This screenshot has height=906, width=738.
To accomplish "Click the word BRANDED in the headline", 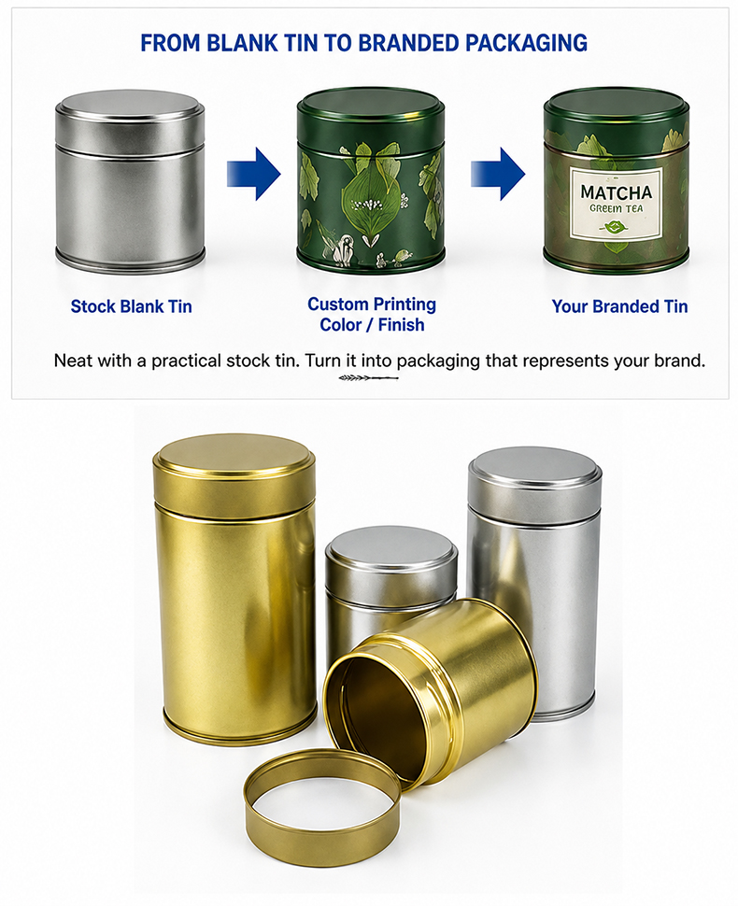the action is [x=408, y=43].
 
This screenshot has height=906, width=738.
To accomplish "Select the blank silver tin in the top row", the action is [x=130, y=181].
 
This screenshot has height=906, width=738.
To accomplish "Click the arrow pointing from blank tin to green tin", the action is [x=254, y=174].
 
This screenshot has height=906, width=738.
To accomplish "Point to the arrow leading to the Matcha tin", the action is [x=498, y=174].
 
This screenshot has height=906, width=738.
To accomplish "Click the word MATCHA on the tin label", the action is [x=616, y=192].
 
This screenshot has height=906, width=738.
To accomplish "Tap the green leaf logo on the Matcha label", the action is [x=614, y=226].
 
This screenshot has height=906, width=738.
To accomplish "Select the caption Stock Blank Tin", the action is [x=131, y=306].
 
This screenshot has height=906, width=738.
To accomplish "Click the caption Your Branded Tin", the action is [x=619, y=306].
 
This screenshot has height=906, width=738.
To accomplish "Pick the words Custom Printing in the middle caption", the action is [x=372, y=304].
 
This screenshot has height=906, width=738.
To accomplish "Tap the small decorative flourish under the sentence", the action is [x=369, y=378].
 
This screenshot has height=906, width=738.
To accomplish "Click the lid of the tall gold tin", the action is [x=234, y=477].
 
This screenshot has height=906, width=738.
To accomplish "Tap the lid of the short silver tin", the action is [x=391, y=559].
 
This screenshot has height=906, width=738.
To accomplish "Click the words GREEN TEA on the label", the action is [x=616, y=208].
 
